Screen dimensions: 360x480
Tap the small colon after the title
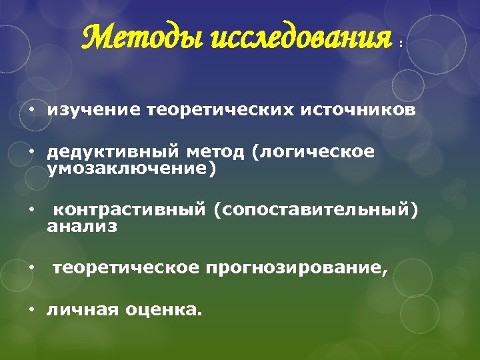pos(400,43)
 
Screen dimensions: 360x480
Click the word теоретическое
pos(126,268)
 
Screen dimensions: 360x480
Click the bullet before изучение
pos(31,111)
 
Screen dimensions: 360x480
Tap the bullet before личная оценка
pos(31,309)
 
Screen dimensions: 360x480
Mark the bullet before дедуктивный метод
pos(31,153)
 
